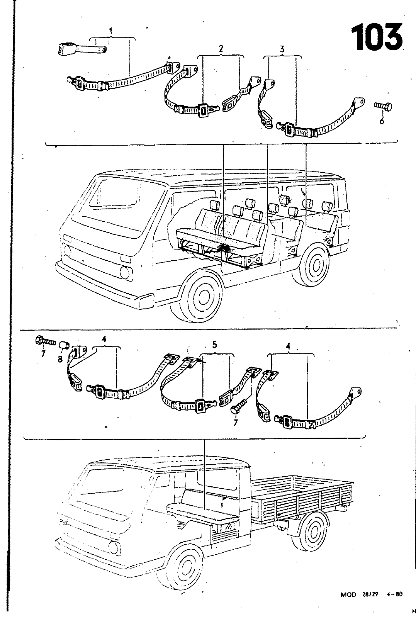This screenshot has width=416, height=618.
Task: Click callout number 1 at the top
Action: click(x=112, y=30)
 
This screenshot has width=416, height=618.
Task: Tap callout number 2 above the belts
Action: click(x=221, y=49)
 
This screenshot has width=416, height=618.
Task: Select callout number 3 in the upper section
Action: click(x=282, y=49)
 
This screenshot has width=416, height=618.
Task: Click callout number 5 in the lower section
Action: click(x=215, y=346)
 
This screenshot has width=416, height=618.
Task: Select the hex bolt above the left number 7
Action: click(x=45, y=341)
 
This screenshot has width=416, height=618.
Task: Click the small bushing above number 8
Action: click(x=65, y=343)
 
